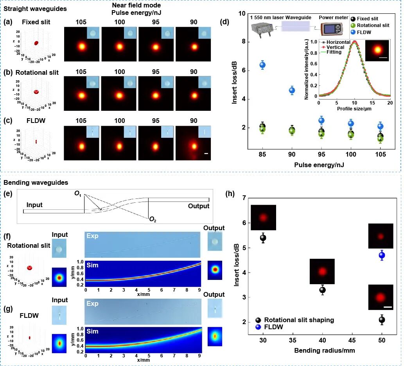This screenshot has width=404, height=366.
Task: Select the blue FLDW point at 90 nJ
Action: click(x=292, y=90)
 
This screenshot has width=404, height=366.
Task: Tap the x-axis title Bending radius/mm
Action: click(x=325, y=351)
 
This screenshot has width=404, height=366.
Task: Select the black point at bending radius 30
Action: click(x=263, y=238)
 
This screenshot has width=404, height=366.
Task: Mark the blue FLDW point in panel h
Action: click(x=382, y=255)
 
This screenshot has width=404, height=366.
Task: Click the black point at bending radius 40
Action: click(x=322, y=290)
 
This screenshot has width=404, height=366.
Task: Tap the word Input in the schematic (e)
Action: click(x=35, y=205)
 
